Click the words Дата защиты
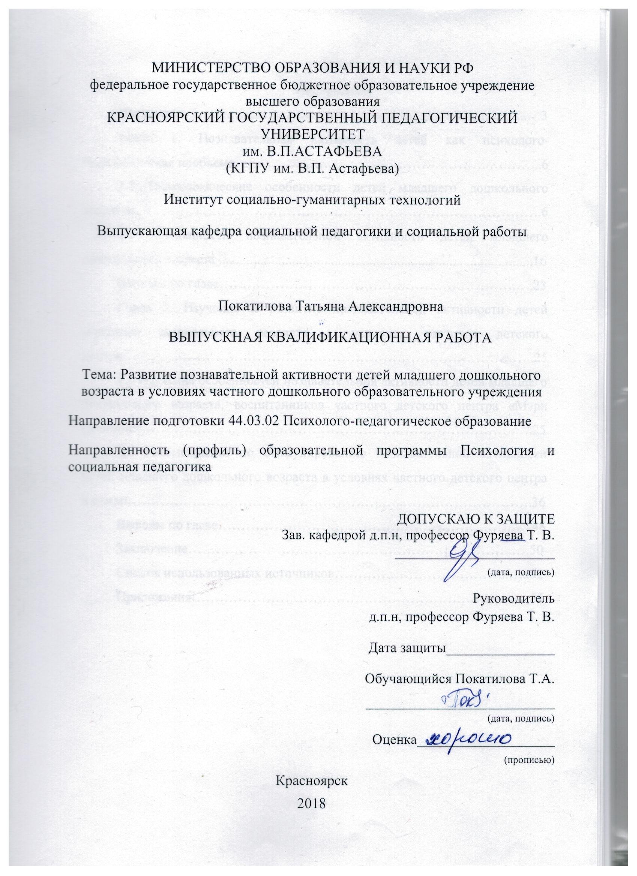405,647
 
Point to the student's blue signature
457,704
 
